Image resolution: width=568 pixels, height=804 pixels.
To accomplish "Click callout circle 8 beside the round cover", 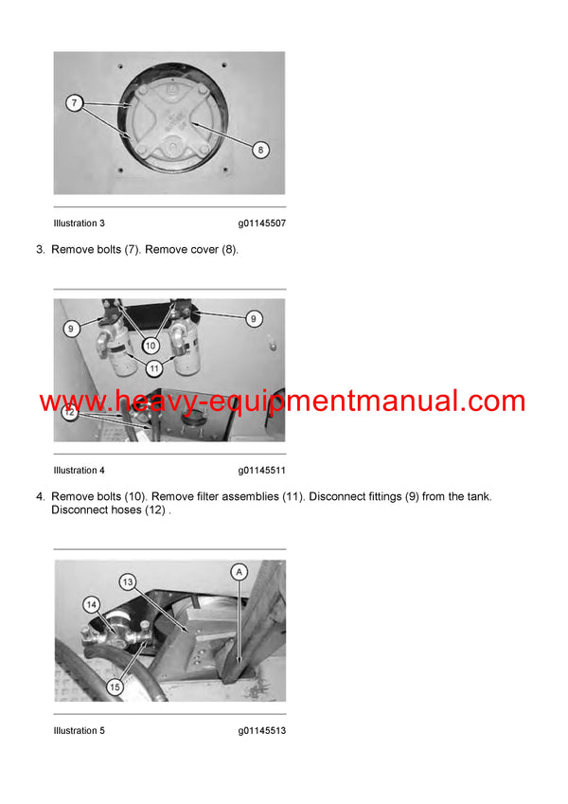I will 261,148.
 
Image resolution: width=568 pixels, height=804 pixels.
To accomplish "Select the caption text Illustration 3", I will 80,223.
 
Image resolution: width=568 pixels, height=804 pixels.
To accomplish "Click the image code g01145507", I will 262,223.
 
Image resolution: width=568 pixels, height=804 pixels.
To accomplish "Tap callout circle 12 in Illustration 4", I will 70,413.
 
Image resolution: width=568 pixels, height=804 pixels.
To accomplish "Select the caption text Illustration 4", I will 80,471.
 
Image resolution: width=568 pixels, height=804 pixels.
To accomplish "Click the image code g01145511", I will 262,471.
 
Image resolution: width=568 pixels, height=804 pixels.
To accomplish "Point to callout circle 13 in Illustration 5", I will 128,581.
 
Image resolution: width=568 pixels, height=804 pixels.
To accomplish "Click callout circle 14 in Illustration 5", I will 92,604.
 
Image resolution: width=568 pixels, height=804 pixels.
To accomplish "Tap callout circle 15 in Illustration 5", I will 115,687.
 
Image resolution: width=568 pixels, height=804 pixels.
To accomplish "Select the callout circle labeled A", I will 240,571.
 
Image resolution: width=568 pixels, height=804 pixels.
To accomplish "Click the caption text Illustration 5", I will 80,731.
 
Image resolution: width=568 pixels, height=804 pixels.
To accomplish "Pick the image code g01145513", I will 262,731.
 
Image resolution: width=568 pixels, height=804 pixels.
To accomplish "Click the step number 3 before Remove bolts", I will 40,250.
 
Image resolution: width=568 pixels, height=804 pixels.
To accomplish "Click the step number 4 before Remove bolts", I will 40,496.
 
